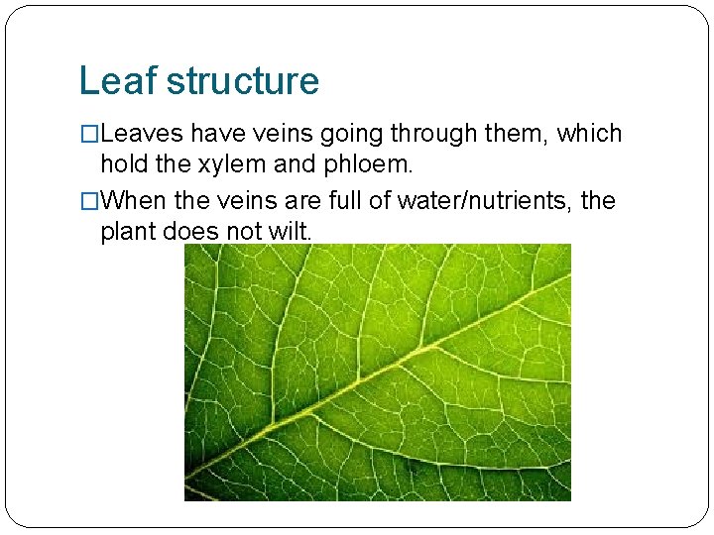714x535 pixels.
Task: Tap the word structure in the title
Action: pos(243,81)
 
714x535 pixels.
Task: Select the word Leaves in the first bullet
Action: pos(142,134)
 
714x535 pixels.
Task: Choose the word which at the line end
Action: pos(589,134)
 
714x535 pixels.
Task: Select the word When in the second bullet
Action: pos(134,201)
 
